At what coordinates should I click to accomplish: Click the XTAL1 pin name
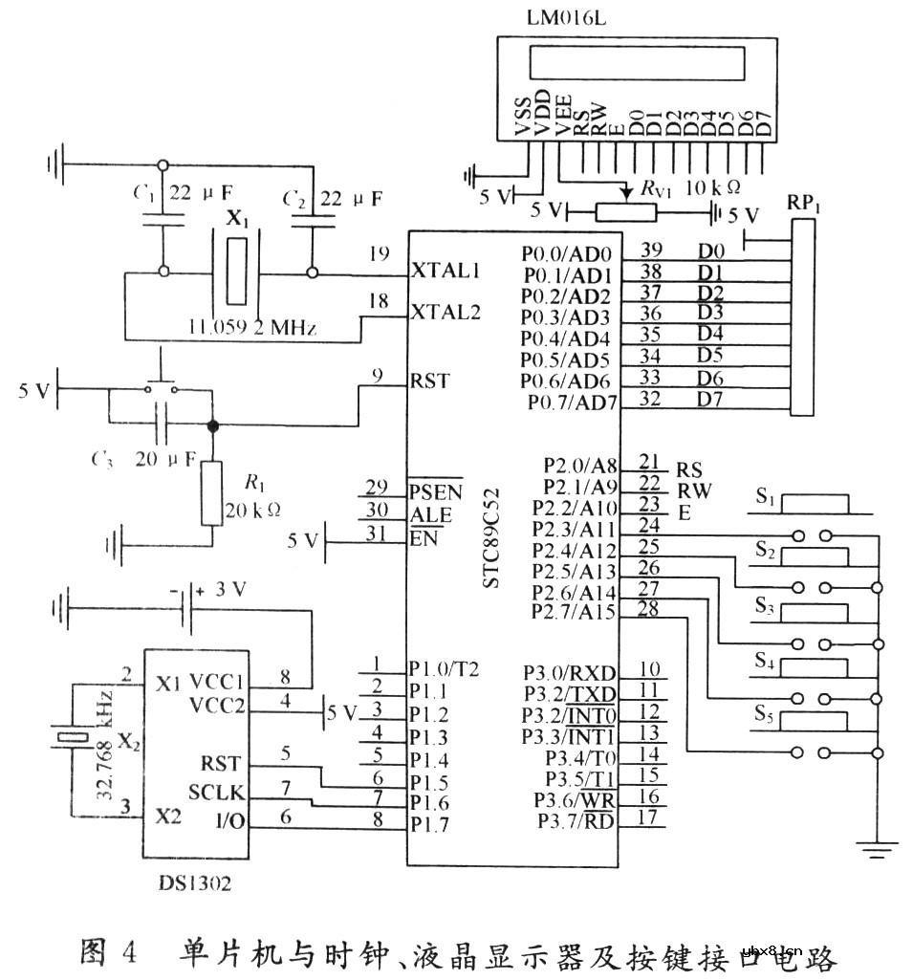coord(445,271)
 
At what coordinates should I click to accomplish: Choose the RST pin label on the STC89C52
coord(429,381)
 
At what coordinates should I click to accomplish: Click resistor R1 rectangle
coord(212,492)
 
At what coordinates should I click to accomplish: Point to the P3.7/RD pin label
coord(576,819)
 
